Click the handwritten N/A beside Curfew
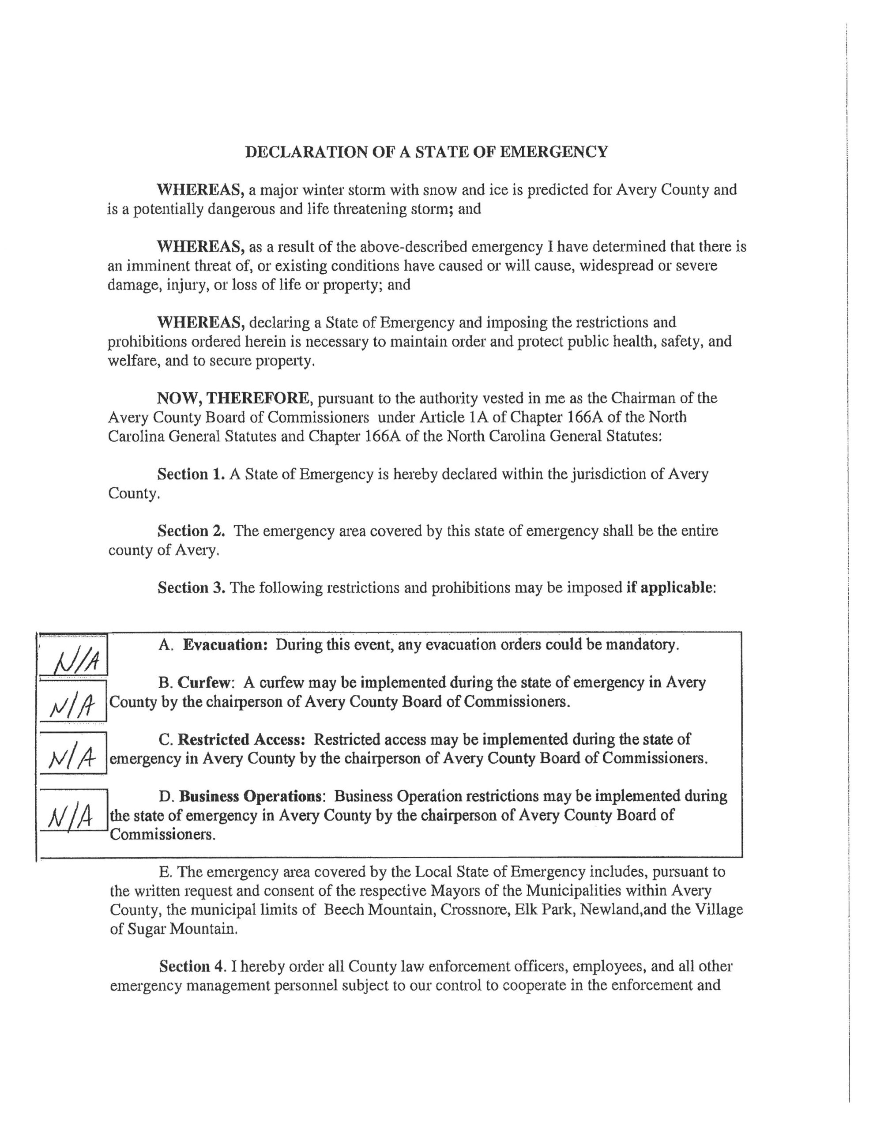pos(73,706)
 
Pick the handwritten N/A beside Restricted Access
pos(72,758)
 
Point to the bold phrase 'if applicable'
pos(670,588)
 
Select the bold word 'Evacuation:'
pos(225,645)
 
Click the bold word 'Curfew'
pos(203,683)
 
